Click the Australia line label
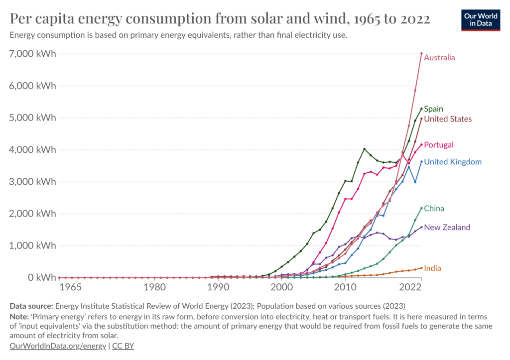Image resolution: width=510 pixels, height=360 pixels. coord(439,58)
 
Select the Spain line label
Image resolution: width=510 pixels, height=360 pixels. coord(433,109)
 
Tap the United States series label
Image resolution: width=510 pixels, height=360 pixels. coord(448,119)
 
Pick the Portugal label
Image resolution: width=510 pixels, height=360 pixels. coord(439,145)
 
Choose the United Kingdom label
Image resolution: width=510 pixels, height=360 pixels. coord(453,162)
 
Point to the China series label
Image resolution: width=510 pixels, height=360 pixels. coord(434,209)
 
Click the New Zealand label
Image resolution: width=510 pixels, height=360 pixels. coord(447,228)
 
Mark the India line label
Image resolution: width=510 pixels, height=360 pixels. coord(432,268)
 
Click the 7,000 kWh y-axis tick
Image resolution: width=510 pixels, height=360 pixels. coord(33,54)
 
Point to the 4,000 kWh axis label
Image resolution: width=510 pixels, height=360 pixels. coord(33,150)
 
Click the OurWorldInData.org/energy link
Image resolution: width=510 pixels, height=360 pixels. coord(57,346)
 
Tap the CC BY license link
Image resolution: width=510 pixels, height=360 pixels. coord(123,346)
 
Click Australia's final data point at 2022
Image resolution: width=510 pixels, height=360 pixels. coord(421,53)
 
